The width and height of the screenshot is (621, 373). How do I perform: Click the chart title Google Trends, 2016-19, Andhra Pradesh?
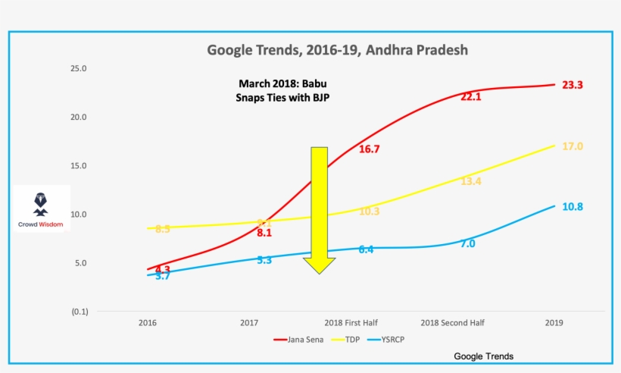[x=338, y=50]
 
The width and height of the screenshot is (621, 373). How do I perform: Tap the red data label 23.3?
[x=572, y=86]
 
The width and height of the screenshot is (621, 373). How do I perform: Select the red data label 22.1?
[x=471, y=97]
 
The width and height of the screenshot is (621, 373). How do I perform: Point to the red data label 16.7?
[x=369, y=149]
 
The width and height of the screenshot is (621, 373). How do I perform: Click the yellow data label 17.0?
[x=572, y=146]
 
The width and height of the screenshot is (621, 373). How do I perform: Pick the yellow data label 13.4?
[x=471, y=181]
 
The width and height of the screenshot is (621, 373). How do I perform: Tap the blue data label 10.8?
[x=572, y=206]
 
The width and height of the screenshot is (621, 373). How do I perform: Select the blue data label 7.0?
[x=467, y=243]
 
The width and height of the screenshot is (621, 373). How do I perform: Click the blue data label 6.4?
[x=366, y=249]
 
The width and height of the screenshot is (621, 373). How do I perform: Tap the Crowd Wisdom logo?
[x=42, y=208]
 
